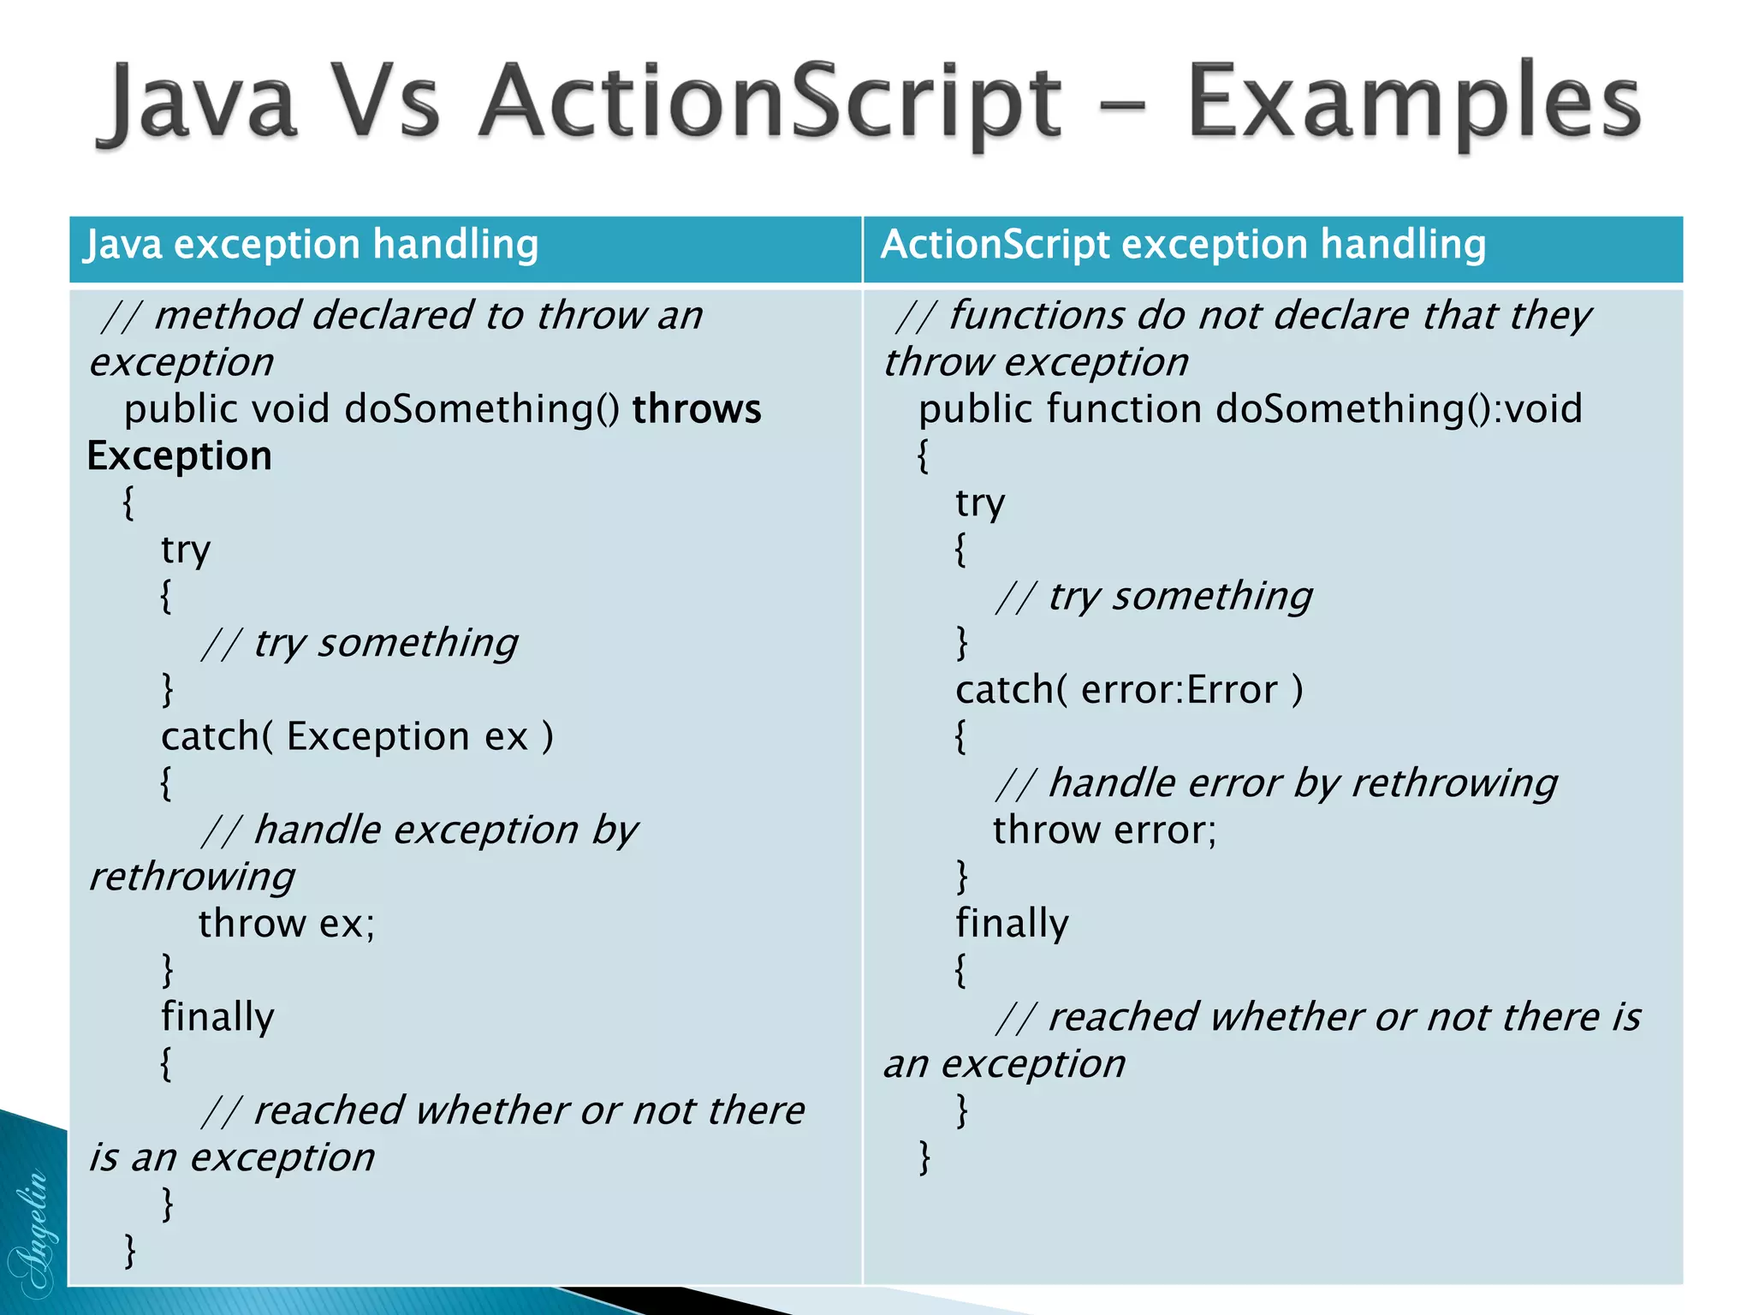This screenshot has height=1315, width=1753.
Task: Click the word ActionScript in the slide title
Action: pos(770,103)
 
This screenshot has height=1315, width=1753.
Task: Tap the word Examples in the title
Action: pos(1412,103)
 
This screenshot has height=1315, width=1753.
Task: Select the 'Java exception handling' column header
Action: pos(312,245)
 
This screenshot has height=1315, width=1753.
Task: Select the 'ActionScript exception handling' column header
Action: pos(1183,245)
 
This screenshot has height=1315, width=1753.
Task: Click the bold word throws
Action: pos(696,409)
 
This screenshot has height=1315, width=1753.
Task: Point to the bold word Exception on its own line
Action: pos(179,456)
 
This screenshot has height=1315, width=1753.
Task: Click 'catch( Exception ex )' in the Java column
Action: pos(357,737)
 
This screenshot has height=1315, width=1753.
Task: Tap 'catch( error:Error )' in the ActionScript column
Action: pos(1128,690)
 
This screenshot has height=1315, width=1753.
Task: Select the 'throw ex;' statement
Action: pos(287,924)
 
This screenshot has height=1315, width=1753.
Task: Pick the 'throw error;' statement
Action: pos(1104,830)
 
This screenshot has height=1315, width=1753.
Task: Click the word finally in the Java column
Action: pos(217,1017)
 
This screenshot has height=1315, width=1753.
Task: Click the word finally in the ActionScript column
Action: pos(1012,924)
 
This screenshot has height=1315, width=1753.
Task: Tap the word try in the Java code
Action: pos(185,550)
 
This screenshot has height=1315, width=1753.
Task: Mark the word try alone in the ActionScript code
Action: pos(979,503)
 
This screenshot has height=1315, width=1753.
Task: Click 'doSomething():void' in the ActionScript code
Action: pos(1398,409)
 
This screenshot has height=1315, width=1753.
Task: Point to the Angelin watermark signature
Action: pos(33,1233)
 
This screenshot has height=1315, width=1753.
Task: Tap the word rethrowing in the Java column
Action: pos(193,878)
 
